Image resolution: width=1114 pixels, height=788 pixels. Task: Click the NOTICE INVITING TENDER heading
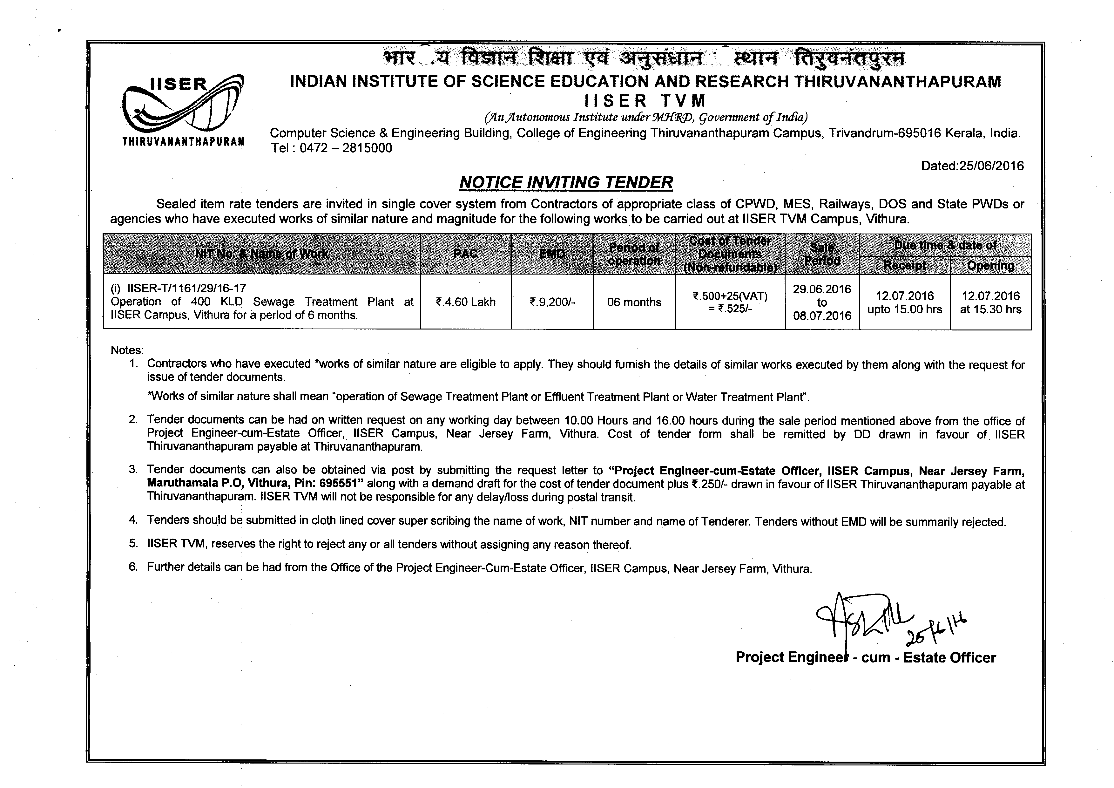tap(566, 182)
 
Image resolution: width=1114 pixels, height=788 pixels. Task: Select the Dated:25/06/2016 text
tap(972, 166)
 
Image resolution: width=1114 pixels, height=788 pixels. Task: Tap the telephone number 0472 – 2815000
tap(346, 148)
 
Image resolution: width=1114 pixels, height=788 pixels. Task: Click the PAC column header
tap(465, 254)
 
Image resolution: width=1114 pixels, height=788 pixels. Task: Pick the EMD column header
tap(552, 254)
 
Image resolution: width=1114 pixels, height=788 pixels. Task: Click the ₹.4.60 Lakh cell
tap(465, 302)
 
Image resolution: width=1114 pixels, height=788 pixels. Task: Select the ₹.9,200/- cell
tap(552, 302)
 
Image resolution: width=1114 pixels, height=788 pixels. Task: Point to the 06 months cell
tap(634, 302)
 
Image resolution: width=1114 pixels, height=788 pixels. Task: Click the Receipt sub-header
tap(904, 265)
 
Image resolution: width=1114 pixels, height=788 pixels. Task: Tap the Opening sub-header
tap(990, 265)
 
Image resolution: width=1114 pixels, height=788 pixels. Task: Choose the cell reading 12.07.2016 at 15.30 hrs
tap(990, 302)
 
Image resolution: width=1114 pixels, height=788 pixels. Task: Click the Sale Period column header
tap(822, 254)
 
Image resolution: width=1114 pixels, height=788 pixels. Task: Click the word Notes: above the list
tap(127, 350)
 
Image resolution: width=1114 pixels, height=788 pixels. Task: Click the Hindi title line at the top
tap(643, 59)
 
